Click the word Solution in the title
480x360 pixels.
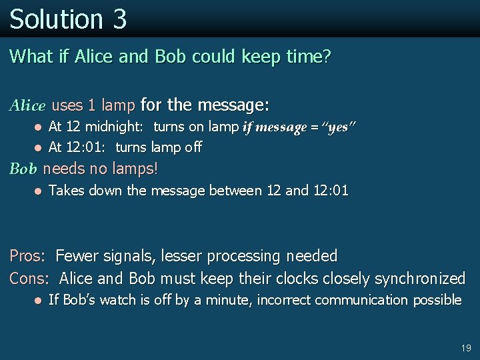[x=56, y=19]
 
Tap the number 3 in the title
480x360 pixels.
[x=119, y=19]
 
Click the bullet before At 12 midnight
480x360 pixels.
[x=39, y=127]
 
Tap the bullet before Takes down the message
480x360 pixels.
[x=39, y=191]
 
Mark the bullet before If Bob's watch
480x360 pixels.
[x=39, y=301]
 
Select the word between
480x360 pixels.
[x=236, y=191]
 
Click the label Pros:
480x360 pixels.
[x=27, y=256]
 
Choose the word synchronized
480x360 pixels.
[x=419, y=278]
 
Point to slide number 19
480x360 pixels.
[x=465, y=348]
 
